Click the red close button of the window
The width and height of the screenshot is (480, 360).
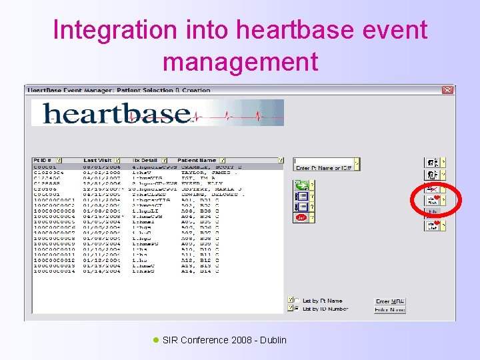tap(447, 90)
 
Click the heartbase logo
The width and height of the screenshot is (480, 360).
tap(157, 113)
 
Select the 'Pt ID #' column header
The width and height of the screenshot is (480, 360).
tap(43, 160)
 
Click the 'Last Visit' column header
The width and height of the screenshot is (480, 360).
tap(97, 160)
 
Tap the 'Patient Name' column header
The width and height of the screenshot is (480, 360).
tap(197, 160)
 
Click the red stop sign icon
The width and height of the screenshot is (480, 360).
tap(301, 217)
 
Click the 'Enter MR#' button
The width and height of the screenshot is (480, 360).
tap(390, 301)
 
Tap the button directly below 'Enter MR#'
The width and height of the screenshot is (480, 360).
tap(390, 309)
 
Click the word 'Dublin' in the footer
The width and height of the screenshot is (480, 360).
tap(273, 340)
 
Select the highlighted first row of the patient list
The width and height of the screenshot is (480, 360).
tap(160, 167)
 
